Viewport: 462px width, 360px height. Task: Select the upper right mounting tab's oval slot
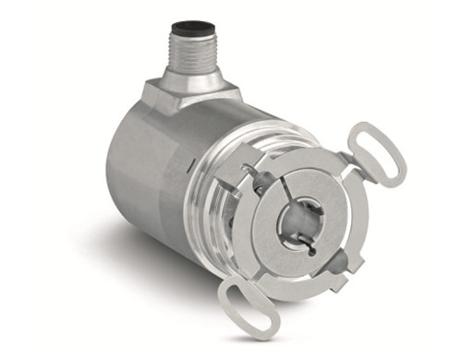coord(376,152)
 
